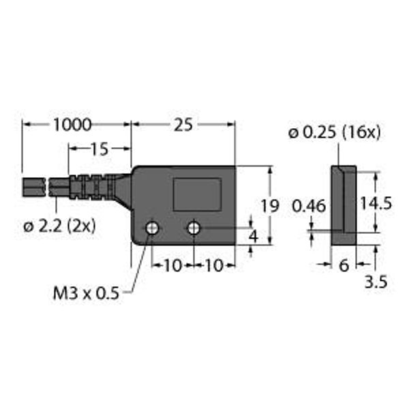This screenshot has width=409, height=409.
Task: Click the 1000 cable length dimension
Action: tap(72, 125)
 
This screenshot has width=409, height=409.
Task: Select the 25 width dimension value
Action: tap(183, 125)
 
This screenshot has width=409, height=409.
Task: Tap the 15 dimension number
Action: tap(99, 149)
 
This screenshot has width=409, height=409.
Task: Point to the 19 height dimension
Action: tap(270, 206)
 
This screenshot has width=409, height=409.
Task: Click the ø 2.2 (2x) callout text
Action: tap(59, 226)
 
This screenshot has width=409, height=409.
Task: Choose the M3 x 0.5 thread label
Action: tap(86, 293)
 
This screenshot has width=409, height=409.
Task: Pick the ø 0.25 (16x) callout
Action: tap(335, 133)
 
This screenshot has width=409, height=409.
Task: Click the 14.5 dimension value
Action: tap(376, 203)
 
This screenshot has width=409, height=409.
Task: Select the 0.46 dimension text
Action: tap(309, 206)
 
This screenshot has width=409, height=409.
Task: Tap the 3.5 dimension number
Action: tap(376, 282)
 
